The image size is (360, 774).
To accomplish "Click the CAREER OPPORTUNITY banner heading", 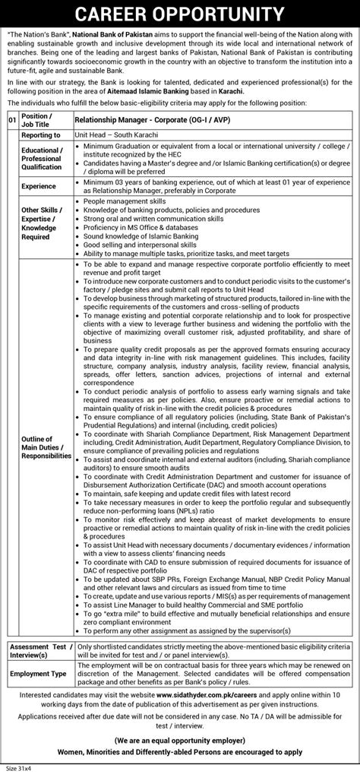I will (x=180, y=14).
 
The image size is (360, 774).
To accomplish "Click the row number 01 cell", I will (x=11, y=119).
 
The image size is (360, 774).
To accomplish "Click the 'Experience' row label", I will (x=39, y=185).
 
